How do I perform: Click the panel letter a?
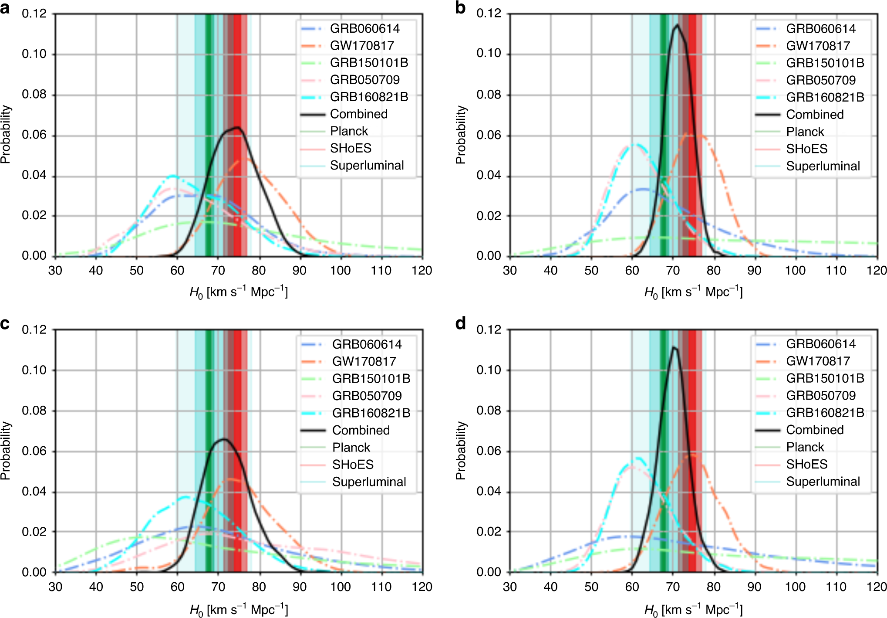click(5, 7)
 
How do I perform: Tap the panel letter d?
click(460, 323)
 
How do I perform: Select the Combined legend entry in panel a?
click(358, 114)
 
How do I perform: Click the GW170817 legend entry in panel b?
click(818, 46)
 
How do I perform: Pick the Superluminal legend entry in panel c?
click(369, 482)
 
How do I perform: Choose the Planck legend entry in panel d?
click(805, 447)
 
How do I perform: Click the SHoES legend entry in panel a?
click(351, 148)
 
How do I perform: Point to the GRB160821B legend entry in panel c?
click(371, 413)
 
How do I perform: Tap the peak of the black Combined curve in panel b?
click(678, 25)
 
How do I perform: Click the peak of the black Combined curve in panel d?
click(674, 347)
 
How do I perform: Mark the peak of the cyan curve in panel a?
click(173, 176)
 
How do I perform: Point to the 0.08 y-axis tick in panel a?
click(34, 95)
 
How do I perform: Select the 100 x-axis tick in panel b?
click(795, 271)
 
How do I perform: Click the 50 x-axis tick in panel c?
click(136, 587)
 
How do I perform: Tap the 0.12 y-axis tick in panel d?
click(489, 329)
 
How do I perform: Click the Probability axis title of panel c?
click(6, 450)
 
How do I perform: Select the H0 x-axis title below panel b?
click(693, 292)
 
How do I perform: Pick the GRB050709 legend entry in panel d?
click(820, 395)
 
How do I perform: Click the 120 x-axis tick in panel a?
click(422, 271)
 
